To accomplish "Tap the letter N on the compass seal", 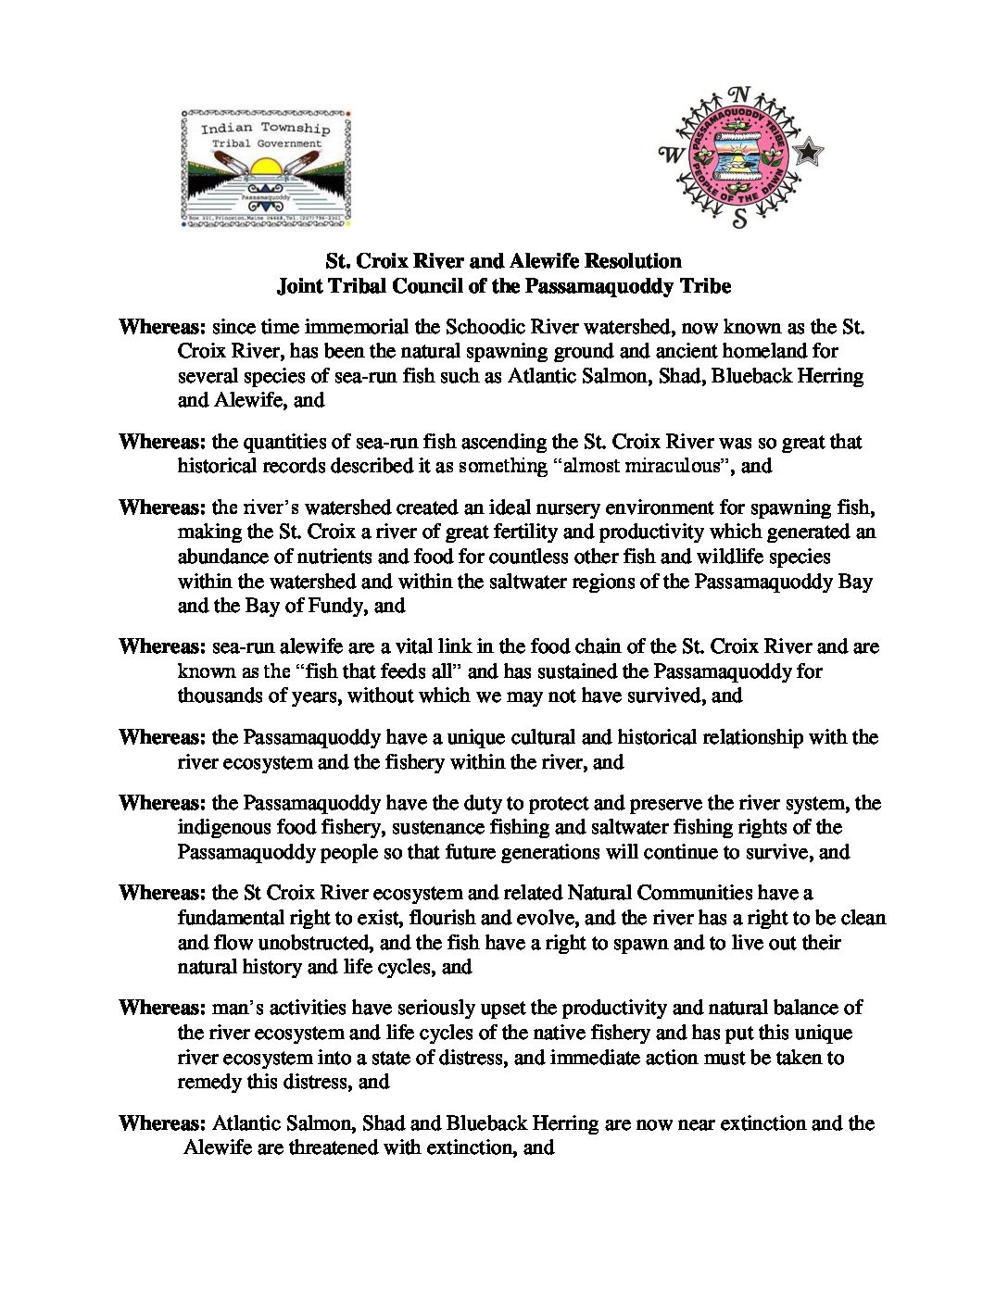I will pyautogui.click(x=738, y=96).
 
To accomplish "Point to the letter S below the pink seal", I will pyautogui.click(x=739, y=219).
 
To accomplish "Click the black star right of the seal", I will pyautogui.click(x=810, y=151).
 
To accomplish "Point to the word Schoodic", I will pyautogui.click(x=485, y=327).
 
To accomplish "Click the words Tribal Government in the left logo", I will pyautogui.click(x=266, y=144).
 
